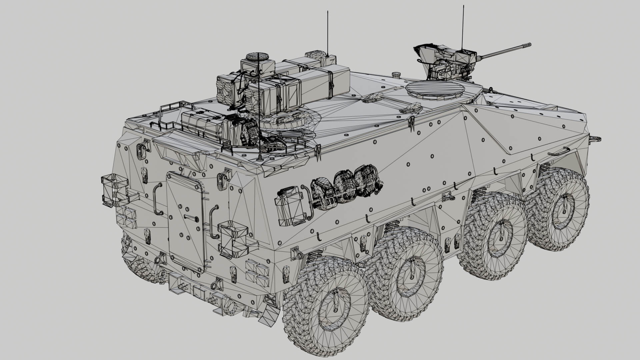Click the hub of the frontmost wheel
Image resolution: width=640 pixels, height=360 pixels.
(x=563, y=207)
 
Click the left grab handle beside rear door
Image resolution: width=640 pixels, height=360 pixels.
(x=157, y=199)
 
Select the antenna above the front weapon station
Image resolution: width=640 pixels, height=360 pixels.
(x=463, y=27)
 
